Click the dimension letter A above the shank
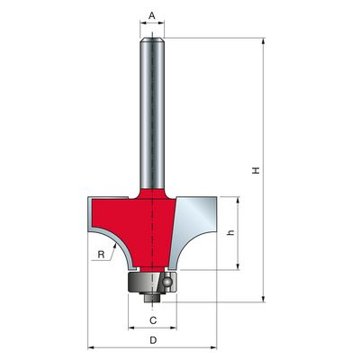(152, 15)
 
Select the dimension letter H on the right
(256, 171)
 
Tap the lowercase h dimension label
(230, 232)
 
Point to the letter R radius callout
(101, 255)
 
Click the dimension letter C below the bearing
(153, 320)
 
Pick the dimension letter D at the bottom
(153, 340)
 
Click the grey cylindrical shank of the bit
(152, 113)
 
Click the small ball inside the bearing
(166, 282)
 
